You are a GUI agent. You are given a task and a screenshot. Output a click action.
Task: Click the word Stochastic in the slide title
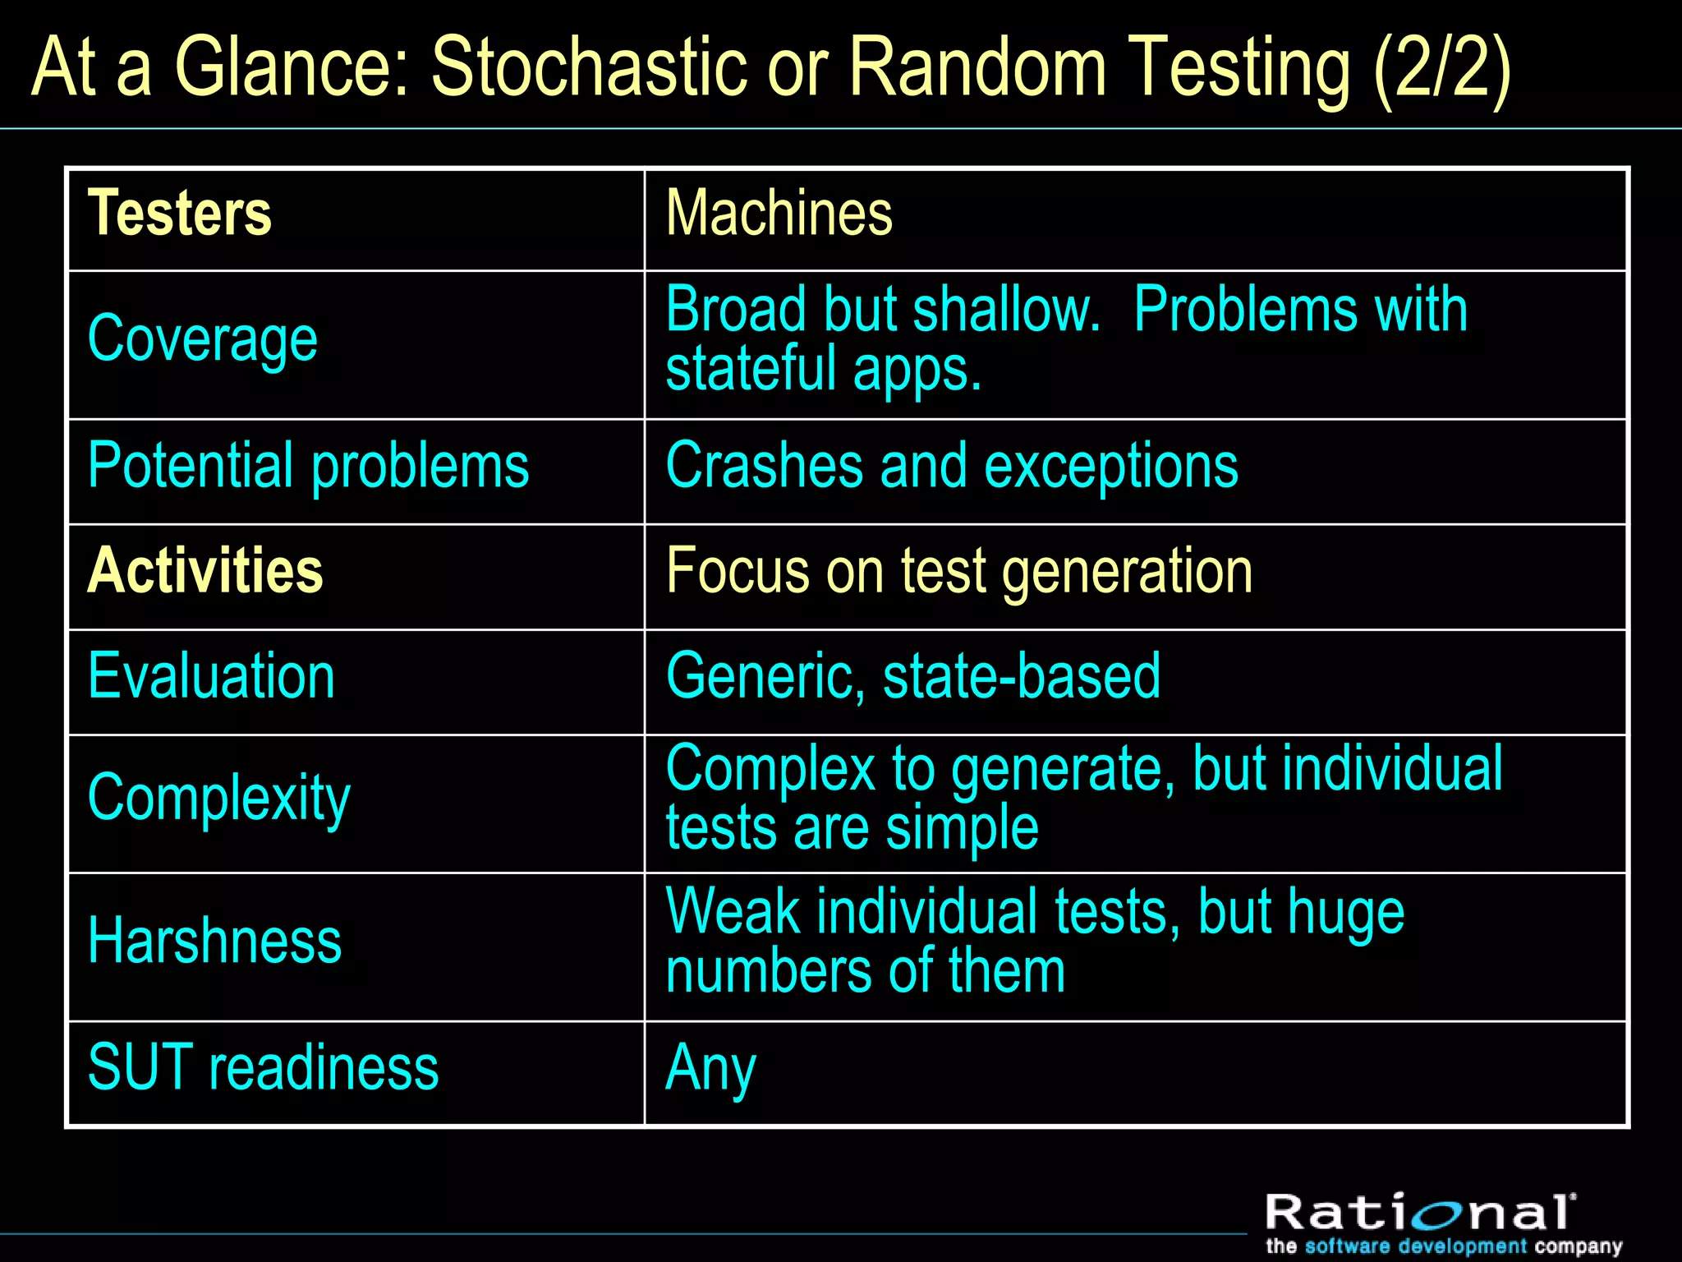click(x=589, y=67)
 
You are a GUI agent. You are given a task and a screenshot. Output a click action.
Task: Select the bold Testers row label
click(x=179, y=214)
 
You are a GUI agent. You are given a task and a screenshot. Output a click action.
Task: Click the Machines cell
click(x=779, y=214)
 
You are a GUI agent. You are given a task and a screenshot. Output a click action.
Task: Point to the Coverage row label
click(x=202, y=339)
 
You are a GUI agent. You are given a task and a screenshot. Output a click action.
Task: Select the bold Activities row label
click(x=205, y=571)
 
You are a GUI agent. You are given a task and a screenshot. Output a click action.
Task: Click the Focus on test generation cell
click(x=958, y=571)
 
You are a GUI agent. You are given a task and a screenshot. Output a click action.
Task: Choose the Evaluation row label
click(x=211, y=676)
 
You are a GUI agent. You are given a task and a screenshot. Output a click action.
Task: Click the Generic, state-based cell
click(x=912, y=676)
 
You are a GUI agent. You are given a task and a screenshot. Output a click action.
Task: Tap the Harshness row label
click(x=214, y=942)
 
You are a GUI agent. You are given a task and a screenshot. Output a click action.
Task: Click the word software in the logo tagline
click(x=1348, y=1246)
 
